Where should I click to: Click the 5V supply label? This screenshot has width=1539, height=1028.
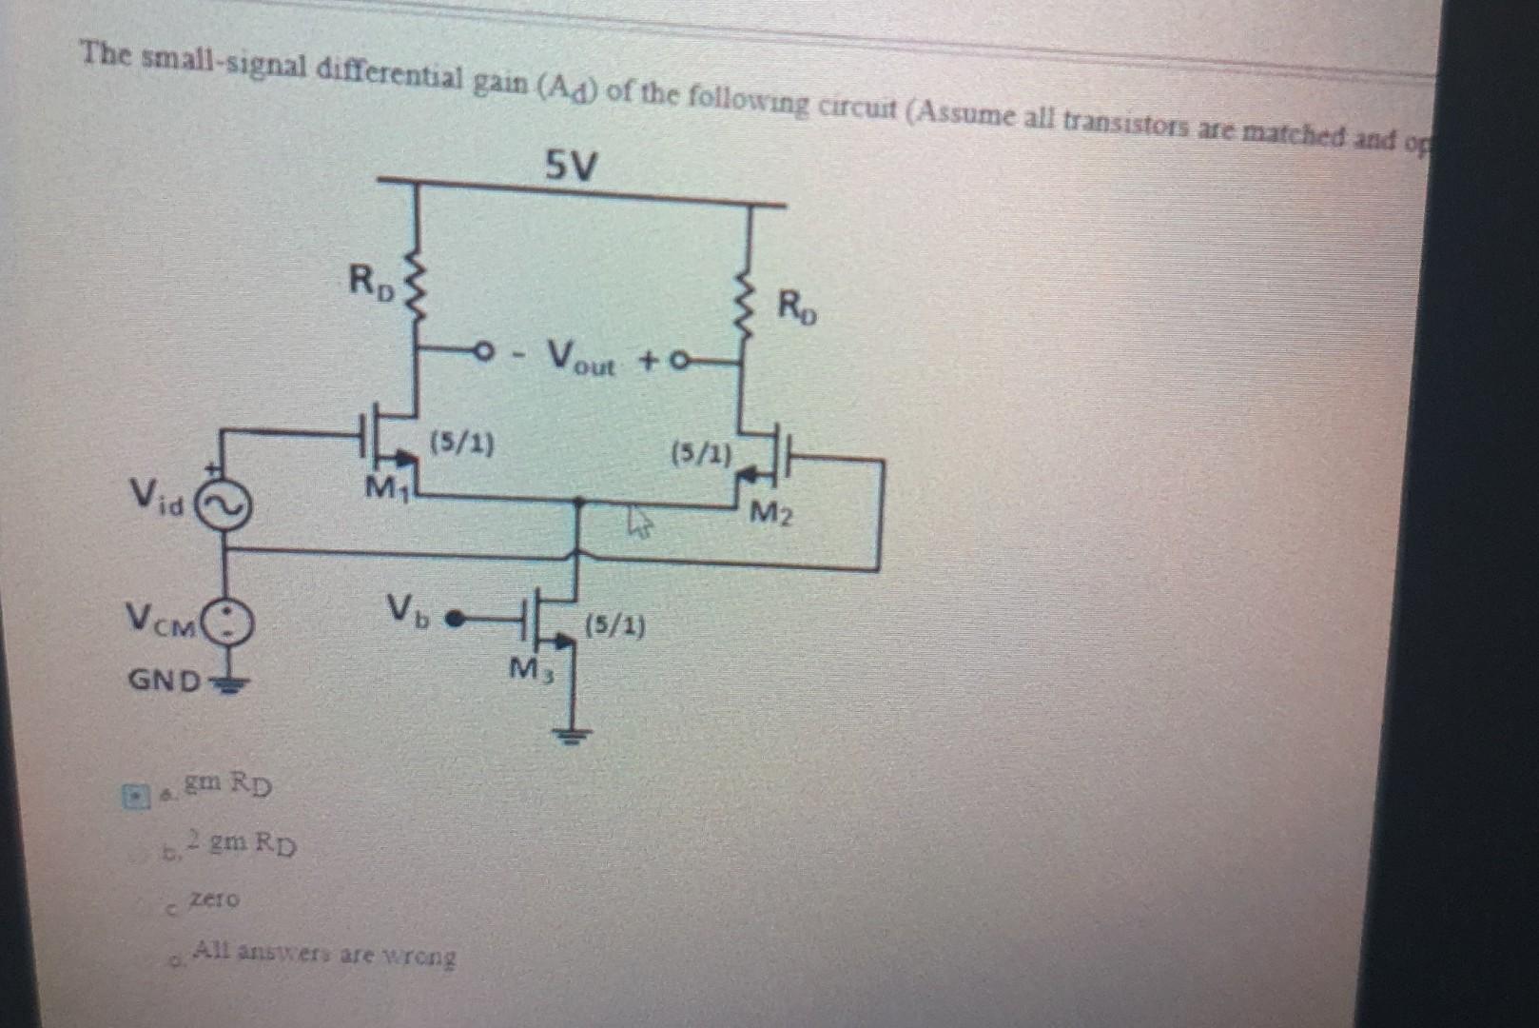pyautogui.click(x=571, y=168)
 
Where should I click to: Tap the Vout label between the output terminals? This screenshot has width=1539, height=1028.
pyautogui.click(x=580, y=359)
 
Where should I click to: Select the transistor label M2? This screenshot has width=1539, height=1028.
pyautogui.click(x=770, y=514)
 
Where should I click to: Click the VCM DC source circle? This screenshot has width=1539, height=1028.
pyautogui.click(x=229, y=623)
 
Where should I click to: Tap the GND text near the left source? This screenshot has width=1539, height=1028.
pyautogui.click(x=165, y=681)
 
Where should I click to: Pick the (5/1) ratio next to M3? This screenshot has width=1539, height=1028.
pyautogui.click(x=614, y=626)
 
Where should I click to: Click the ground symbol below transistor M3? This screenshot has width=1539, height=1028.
pyautogui.click(x=571, y=734)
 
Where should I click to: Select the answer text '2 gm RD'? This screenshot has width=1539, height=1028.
pyautogui.click(x=242, y=843)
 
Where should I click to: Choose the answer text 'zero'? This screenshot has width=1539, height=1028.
pyautogui.click(x=215, y=899)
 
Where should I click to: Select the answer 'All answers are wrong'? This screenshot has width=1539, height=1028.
pyautogui.click(x=324, y=953)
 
